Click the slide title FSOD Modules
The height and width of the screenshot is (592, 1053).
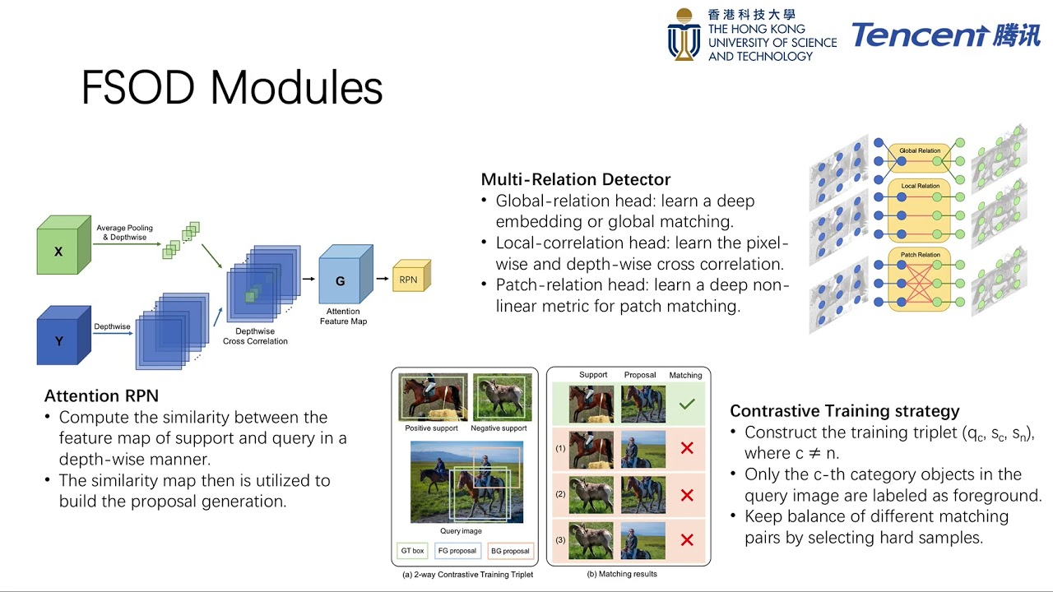tap(232, 88)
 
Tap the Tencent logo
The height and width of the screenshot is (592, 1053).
tap(945, 35)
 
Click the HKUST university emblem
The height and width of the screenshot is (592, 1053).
tap(684, 35)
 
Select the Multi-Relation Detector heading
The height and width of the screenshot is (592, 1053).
tap(575, 179)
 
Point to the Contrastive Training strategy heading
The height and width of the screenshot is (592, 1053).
tap(845, 410)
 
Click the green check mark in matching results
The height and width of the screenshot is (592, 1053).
tap(687, 404)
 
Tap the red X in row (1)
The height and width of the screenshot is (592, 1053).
tap(687, 449)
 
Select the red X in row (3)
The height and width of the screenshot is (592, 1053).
tap(687, 540)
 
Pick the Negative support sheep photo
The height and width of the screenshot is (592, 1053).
tap(501, 398)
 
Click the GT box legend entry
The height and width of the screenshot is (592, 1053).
tap(411, 550)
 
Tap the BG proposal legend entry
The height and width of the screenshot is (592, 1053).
tap(510, 550)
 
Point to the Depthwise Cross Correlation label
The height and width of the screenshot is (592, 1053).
tap(255, 335)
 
